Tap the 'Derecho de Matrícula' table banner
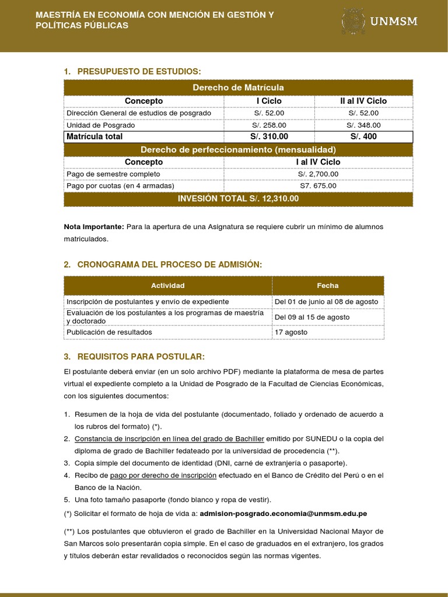(238, 87)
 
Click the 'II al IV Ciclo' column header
(363, 101)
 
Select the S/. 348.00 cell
(363, 125)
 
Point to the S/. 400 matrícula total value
(363, 137)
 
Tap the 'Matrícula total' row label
(94, 137)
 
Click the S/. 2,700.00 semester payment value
(318, 174)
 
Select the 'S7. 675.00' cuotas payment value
(318, 186)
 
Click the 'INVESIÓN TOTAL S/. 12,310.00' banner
(238, 199)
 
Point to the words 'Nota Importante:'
(94, 226)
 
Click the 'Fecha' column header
(327, 286)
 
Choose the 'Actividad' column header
(168, 286)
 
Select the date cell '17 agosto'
(291, 332)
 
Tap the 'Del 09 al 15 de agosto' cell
(312, 317)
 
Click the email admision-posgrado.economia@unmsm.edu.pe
(283, 514)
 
